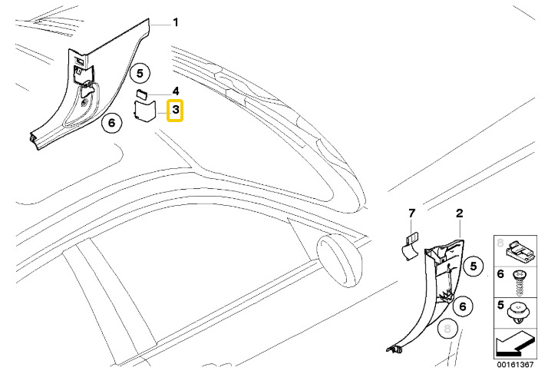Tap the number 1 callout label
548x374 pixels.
[x=175, y=22]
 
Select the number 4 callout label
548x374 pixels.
[x=175, y=91]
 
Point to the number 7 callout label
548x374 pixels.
[x=411, y=212]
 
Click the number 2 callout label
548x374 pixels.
[x=459, y=212]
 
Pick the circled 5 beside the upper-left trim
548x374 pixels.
[x=139, y=74]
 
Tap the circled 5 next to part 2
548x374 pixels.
[x=474, y=266]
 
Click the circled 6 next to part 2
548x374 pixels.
[x=463, y=306]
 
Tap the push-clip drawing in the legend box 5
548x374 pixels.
[x=519, y=310]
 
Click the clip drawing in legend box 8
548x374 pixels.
[x=520, y=249]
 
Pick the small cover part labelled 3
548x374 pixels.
[x=144, y=113]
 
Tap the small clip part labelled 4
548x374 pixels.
[x=142, y=94]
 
